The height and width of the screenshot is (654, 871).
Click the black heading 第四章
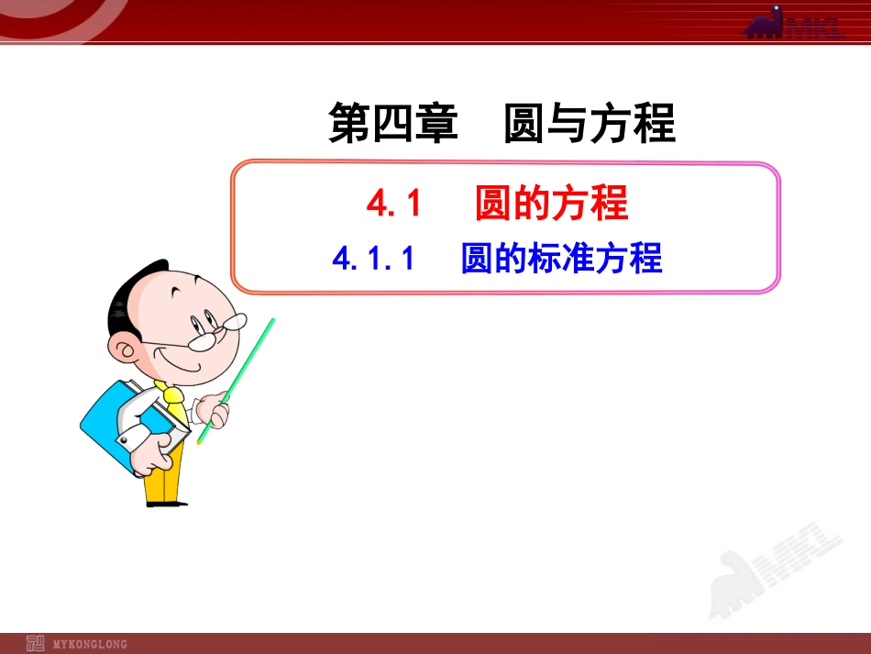tap(392, 124)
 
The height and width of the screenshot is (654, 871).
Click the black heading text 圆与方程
tap(590, 124)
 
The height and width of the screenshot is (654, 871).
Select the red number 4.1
tap(393, 203)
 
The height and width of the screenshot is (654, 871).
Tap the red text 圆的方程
tap(552, 203)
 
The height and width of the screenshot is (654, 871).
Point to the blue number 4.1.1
tap(374, 260)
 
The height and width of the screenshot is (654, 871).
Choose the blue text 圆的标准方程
tap(561, 260)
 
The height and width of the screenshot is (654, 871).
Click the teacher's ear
tap(123, 346)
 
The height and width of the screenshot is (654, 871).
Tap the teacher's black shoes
tap(165, 503)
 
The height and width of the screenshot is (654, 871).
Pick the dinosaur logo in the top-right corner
tap(794, 22)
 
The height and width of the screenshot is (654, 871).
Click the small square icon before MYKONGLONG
tap(36, 643)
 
